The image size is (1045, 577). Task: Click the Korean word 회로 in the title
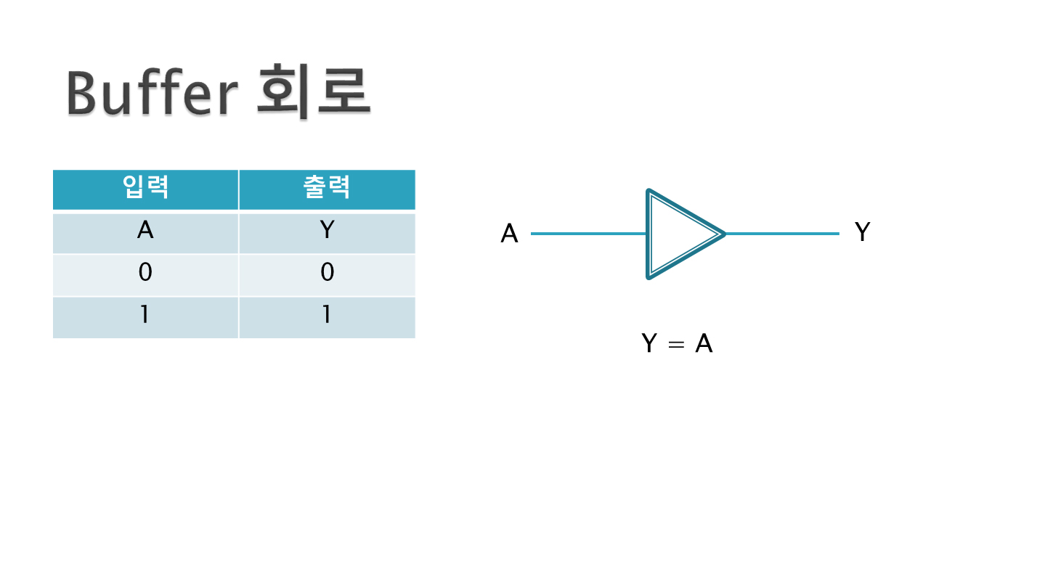314,93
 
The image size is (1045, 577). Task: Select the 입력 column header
145,189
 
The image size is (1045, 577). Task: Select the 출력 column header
327,189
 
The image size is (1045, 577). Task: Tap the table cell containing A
145,232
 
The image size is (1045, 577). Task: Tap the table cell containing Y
327,232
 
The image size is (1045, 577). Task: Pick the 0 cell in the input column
145,274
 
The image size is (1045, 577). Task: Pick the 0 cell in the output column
327,274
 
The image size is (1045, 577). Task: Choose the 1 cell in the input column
145,316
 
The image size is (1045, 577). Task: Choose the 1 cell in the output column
327,316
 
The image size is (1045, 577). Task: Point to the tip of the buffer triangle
723,234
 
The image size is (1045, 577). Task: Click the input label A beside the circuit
510,234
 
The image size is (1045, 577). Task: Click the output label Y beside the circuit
862,232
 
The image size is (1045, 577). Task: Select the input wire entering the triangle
588,234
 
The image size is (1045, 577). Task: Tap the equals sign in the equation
676,345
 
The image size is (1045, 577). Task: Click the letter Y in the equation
650,343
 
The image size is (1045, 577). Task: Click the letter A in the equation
704,343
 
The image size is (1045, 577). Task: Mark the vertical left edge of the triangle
648,234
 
